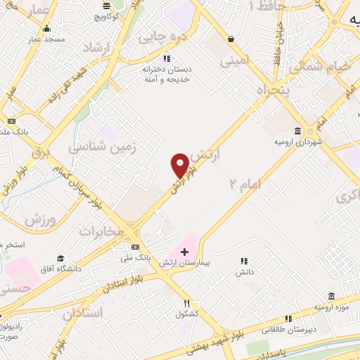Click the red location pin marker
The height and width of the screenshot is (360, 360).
[180, 165]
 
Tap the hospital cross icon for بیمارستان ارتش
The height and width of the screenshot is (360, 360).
[185, 251]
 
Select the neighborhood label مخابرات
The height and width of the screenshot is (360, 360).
[101, 231]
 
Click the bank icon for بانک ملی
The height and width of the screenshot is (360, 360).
[135, 247]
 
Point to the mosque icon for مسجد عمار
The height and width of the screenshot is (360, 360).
[46, 29]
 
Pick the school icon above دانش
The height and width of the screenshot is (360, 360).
[244, 261]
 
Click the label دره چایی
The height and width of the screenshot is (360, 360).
[161, 35]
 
